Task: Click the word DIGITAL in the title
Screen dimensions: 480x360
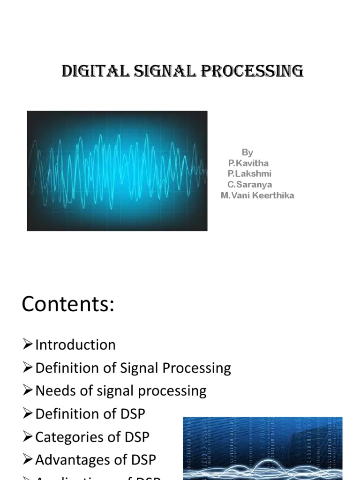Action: [x=90, y=71]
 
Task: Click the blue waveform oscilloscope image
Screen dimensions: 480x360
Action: [x=117, y=171]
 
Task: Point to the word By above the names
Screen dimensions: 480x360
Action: [x=247, y=152]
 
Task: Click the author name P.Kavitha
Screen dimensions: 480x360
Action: [x=248, y=163]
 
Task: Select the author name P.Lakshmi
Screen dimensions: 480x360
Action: [x=249, y=174]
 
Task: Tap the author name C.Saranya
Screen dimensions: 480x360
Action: [x=249, y=185]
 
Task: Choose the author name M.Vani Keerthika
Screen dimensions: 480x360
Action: [x=257, y=195]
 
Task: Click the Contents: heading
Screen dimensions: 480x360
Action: [x=68, y=305]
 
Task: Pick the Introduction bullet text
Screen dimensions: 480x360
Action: [x=75, y=345]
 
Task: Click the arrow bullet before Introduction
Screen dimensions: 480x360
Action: [x=28, y=345]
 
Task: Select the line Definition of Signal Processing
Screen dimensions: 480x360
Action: [x=133, y=368]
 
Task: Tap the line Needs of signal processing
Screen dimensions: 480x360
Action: [x=121, y=391]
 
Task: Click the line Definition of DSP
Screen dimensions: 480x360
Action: [x=90, y=414]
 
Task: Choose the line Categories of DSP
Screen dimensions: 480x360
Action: [x=92, y=437]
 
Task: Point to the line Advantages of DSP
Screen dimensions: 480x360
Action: [x=96, y=460]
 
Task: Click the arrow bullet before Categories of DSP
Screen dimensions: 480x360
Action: [x=28, y=437]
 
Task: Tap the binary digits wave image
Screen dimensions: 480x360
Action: [x=262, y=448]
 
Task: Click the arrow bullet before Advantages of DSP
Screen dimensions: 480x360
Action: [x=28, y=460]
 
